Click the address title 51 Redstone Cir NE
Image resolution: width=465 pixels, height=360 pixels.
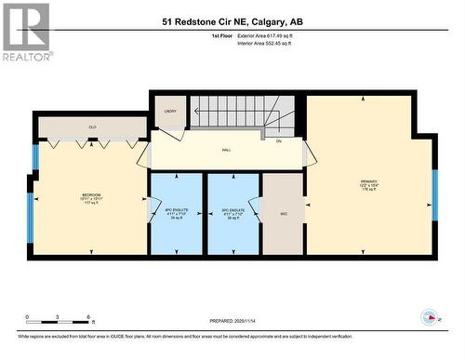click(232, 20)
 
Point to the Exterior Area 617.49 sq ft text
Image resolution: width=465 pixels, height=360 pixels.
click(270, 35)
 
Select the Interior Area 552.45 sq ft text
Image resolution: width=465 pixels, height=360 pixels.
click(270, 43)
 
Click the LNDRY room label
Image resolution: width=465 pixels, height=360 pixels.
click(170, 111)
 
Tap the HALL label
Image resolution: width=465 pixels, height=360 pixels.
click(226, 149)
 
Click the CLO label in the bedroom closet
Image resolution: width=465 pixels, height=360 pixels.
click(92, 127)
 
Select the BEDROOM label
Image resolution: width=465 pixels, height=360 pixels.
click(91, 194)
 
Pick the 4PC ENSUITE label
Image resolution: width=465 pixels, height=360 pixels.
click(176, 210)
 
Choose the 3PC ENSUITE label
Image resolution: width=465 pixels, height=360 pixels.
click(232, 210)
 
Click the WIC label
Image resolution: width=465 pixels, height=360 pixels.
click(283, 213)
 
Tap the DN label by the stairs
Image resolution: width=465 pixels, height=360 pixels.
click(278, 140)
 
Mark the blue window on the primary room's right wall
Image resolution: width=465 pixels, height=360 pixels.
click(434, 196)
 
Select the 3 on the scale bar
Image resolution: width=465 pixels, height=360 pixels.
click(58, 318)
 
